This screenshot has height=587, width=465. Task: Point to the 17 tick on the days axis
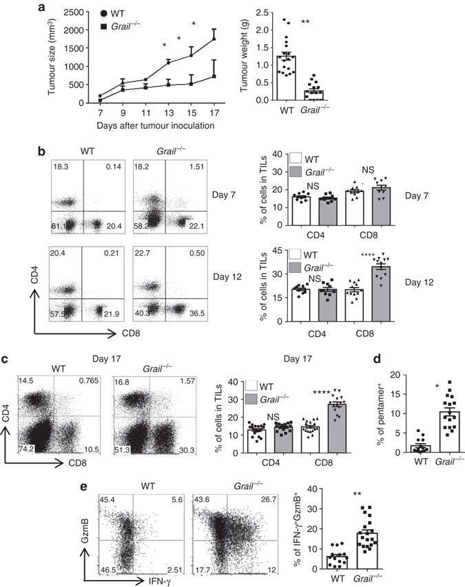pos(214,111)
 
